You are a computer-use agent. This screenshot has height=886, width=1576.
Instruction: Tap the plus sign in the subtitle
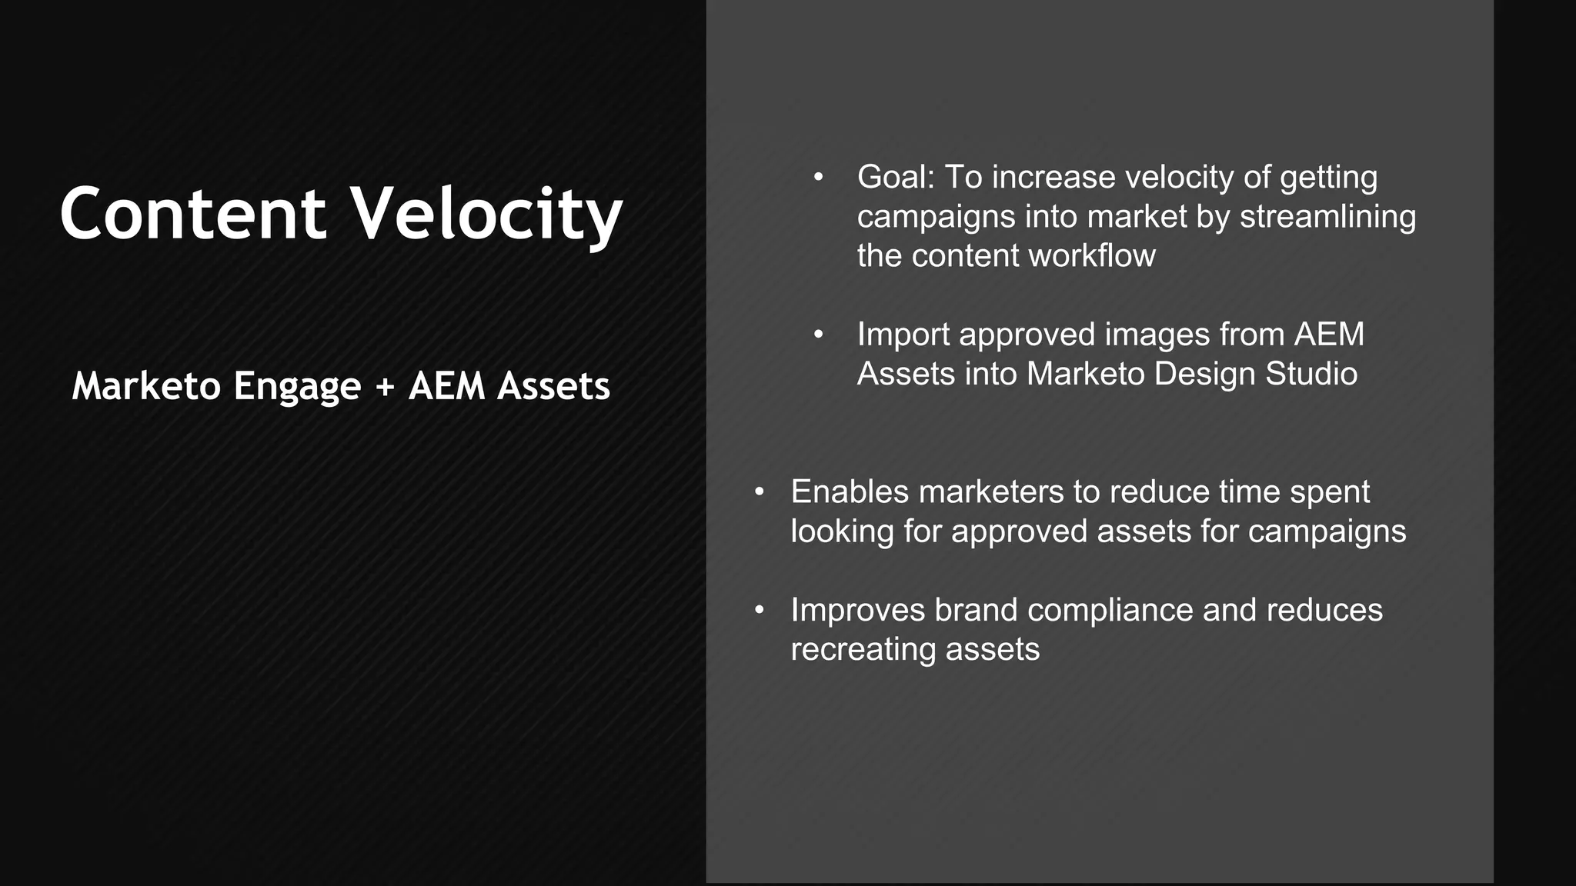pyautogui.click(x=385, y=386)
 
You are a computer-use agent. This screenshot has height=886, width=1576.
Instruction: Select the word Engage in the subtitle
pyautogui.click(x=297, y=386)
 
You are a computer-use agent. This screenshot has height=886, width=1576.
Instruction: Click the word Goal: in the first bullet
pyautogui.click(x=895, y=178)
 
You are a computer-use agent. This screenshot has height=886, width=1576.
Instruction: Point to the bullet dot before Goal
pyautogui.click(x=818, y=178)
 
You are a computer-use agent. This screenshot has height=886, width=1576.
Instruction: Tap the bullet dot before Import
pyautogui.click(x=818, y=335)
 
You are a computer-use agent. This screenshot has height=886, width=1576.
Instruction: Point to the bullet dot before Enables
pyautogui.click(x=759, y=492)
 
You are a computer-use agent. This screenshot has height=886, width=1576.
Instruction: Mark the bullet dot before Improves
pyautogui.click(x=759, y=611)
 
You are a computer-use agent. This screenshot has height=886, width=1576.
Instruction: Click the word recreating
pyautogui.click(x=863, y=650)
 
